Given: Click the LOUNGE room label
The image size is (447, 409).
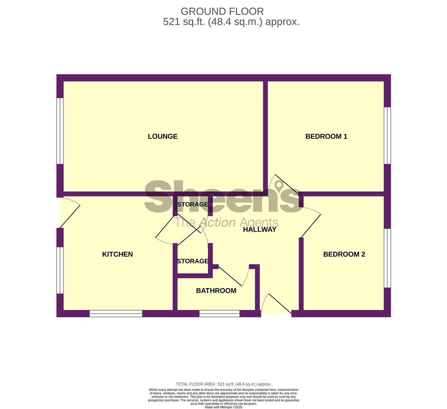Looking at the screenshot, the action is [163, 137].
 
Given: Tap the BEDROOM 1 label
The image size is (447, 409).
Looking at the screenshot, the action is [326, 137].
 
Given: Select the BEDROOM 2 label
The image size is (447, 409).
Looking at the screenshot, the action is [344, 254].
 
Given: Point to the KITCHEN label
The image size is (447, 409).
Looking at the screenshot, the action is [117, 254].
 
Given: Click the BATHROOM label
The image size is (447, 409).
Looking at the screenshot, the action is [216, 291].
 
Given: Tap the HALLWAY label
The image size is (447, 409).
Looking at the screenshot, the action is [260, 230].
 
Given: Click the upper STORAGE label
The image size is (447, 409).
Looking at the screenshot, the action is [193, 204].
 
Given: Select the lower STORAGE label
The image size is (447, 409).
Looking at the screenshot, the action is [193, 261].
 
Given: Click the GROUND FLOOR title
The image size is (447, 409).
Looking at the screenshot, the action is [222, 11].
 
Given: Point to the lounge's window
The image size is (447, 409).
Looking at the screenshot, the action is [60, 131].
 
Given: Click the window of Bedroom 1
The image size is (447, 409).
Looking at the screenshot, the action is [387, 135].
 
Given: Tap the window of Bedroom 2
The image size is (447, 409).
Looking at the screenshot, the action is [387, 258].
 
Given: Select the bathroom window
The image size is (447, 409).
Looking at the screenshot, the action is [219, 314].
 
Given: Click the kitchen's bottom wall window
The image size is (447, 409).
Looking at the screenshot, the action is [116, 314].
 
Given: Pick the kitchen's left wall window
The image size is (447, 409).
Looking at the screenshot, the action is [60, 270].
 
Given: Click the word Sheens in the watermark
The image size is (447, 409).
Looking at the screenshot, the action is [223, 196].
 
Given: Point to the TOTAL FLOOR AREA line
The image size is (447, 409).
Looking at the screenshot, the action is [223, 384].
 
